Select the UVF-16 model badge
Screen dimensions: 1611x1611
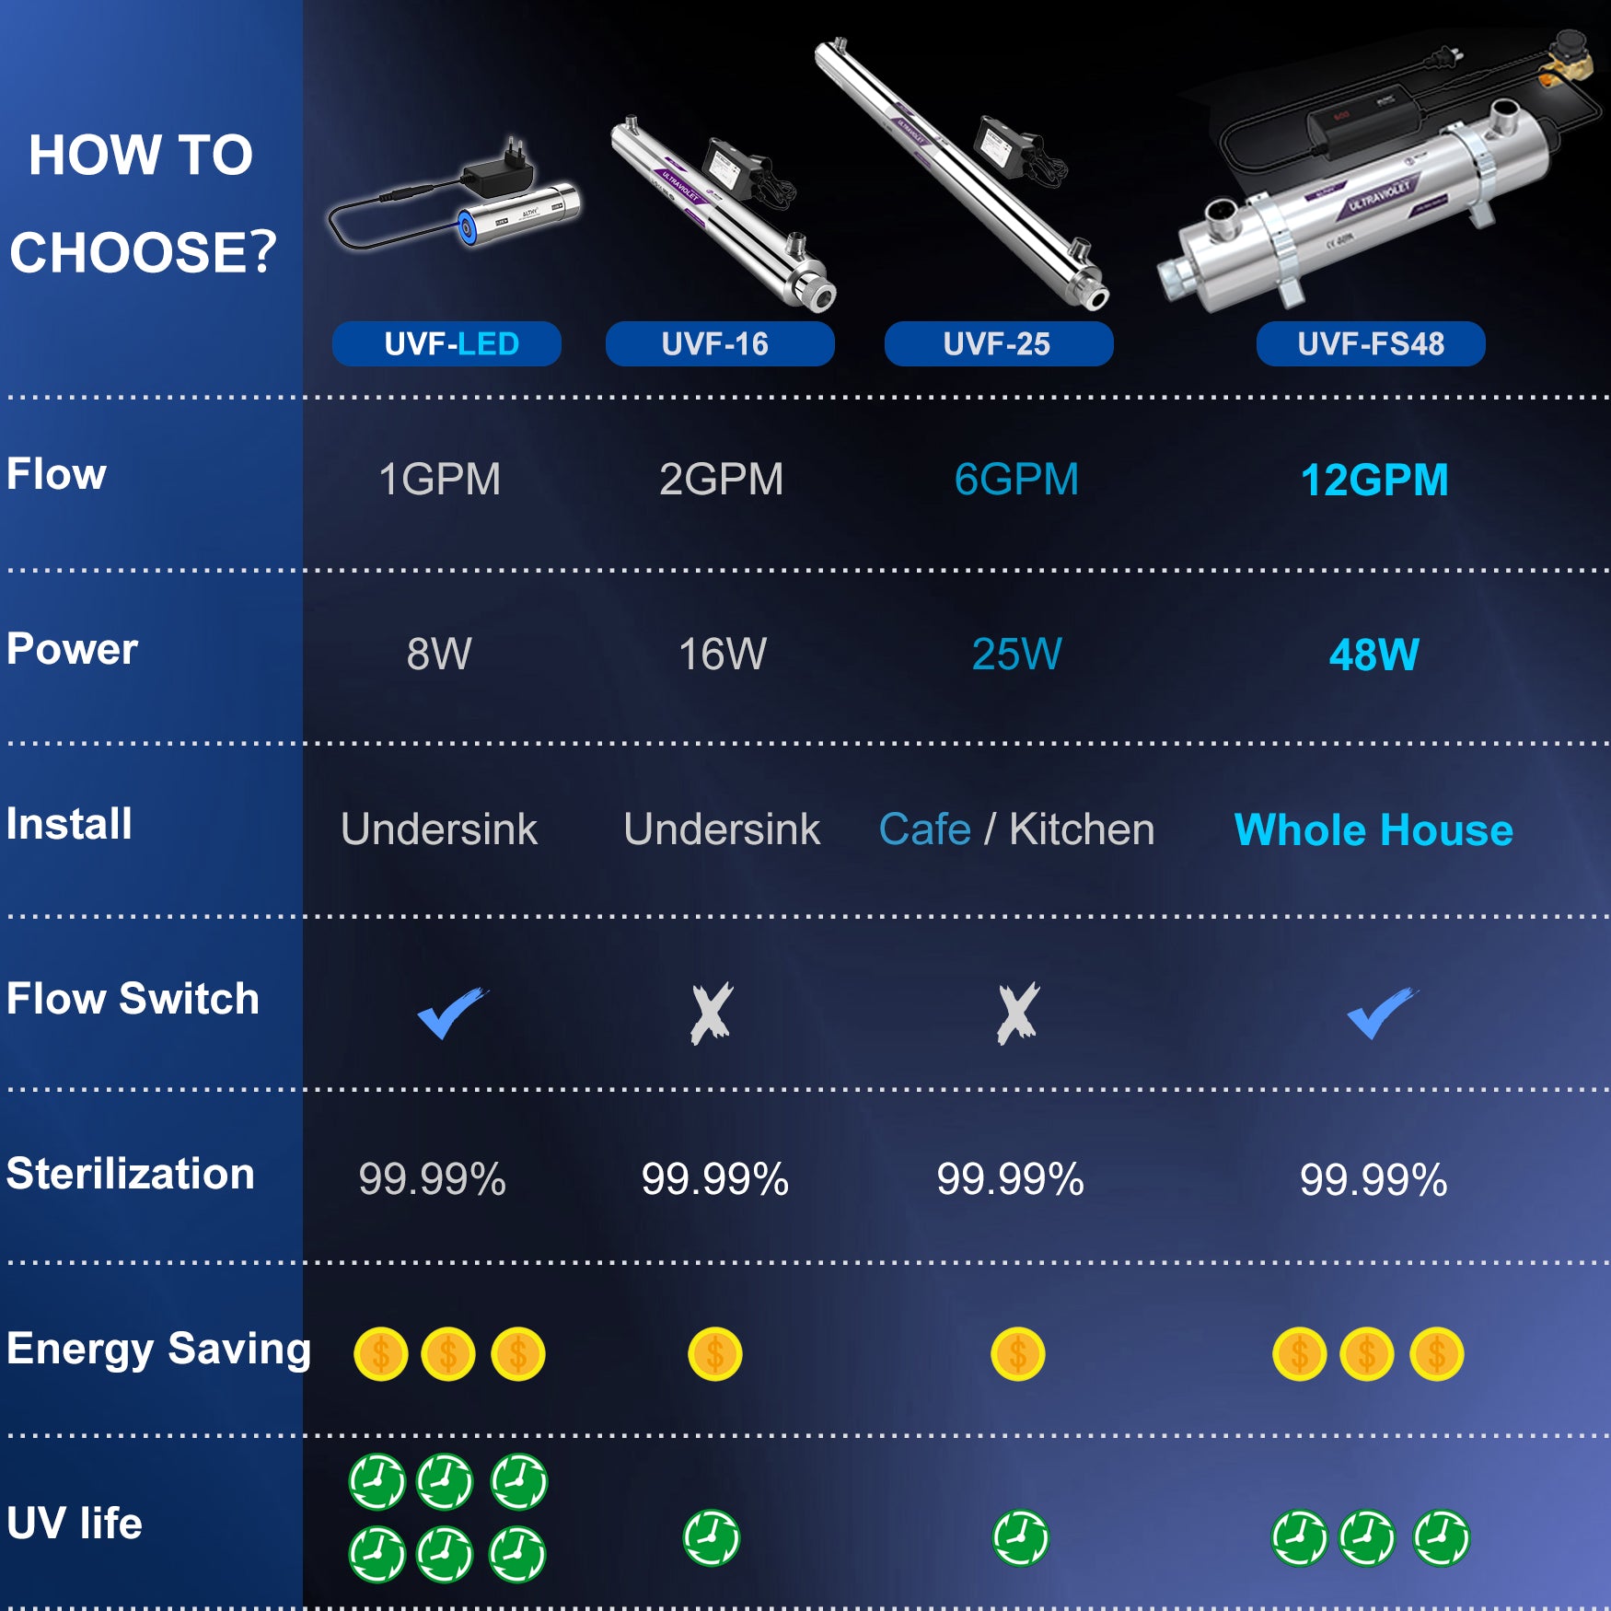[720, 344]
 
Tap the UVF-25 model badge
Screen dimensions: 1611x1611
[999, 344]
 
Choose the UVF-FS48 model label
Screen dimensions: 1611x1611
[1371, 344]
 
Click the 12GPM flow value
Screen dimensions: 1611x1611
[1374, 480]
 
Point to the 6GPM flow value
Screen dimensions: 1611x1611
[1016, 480]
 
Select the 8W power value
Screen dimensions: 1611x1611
[439, 655]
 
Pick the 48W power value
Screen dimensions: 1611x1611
[1374, 655]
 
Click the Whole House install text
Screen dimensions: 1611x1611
[1373, 830]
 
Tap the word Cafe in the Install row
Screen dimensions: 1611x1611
[925, 829]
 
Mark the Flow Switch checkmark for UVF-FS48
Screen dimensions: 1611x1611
[1383, 1013]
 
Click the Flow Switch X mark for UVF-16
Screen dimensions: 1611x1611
[712, 1014]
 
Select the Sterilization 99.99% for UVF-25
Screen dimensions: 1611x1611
[1010, 1179]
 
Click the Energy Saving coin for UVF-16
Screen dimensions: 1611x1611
[715, 1354]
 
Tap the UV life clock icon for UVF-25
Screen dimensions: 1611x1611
[1021, 1537]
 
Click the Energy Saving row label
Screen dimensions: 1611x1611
[158, 1350]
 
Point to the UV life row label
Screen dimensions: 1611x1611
[75, 1524]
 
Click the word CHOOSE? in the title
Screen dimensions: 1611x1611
[143, 252]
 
